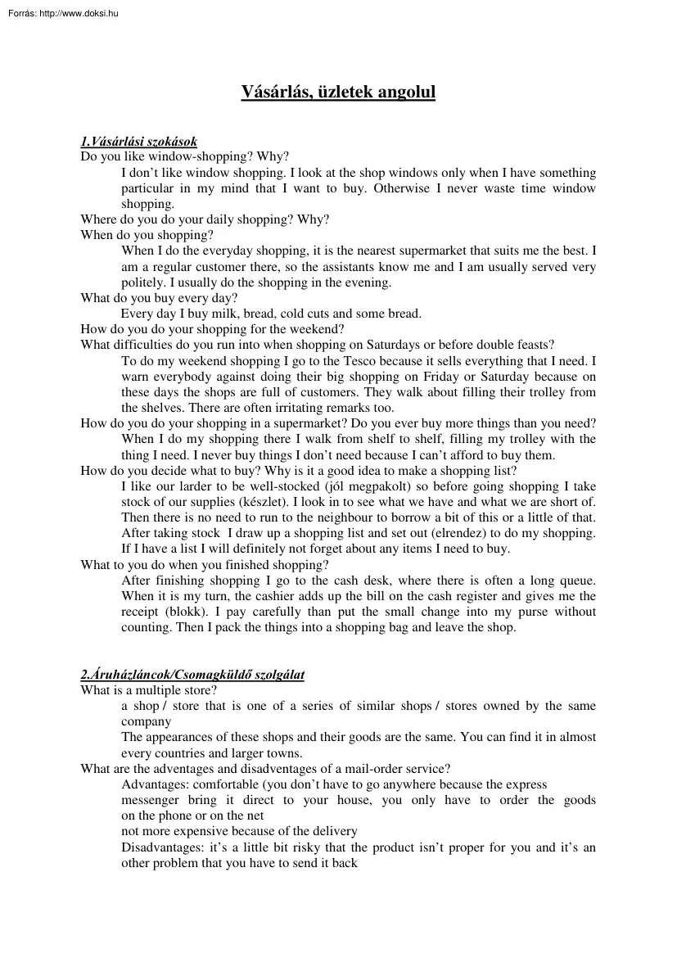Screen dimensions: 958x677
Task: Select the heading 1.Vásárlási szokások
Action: tap(138, 142)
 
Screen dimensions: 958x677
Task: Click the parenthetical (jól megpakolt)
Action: tap(354, 486)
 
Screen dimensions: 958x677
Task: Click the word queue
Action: tap(576, 581)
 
